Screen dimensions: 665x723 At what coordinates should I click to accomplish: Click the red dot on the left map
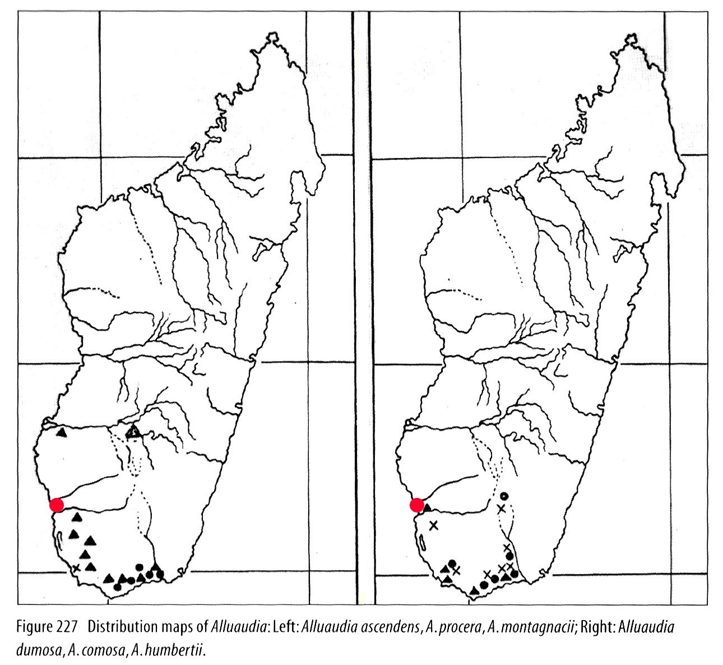coord(56,505)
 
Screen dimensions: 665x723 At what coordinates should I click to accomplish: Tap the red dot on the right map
coord(416,505)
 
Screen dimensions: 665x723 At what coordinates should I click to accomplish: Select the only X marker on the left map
coord(77,568)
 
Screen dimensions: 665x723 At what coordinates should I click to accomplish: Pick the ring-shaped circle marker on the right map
coord(504,496)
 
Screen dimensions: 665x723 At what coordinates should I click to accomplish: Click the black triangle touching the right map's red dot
coord(427,507)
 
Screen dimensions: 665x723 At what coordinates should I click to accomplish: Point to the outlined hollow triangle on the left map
coord(133,432)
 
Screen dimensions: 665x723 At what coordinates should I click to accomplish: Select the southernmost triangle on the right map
coord(475,589)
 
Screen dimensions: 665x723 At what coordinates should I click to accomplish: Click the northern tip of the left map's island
coord(273,35)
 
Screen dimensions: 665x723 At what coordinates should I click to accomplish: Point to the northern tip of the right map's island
coord(632,35)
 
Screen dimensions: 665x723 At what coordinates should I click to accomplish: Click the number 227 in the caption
coord(70,626)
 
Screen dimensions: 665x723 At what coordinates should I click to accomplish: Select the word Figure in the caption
coord(35,626)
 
